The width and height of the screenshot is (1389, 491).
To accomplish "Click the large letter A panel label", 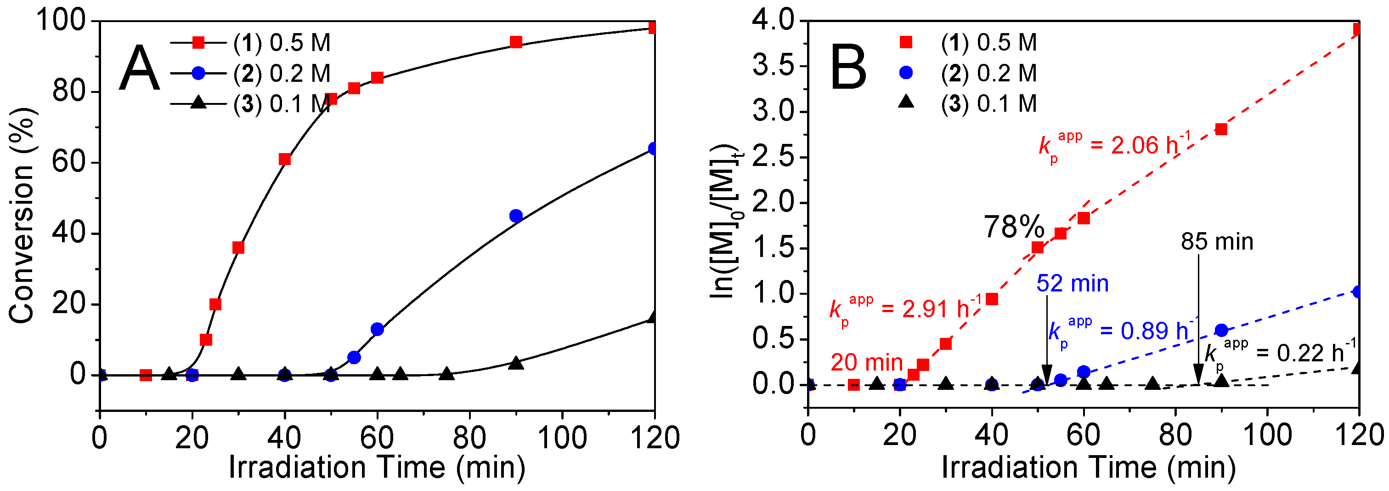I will (x=139, y=69).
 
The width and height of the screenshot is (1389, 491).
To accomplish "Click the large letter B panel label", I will (x=848, y=69).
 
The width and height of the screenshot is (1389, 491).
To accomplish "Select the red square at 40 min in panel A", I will (x=285, y=159).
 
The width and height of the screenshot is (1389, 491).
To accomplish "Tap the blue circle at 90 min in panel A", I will (x=515, y=216).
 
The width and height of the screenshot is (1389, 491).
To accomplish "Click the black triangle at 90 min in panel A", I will (x=515, y=363).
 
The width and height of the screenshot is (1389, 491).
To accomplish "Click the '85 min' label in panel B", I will (x=1216, y=242).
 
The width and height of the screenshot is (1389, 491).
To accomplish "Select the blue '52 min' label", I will (x=1072, y=284).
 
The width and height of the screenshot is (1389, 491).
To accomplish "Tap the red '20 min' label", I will (x=866, y=362).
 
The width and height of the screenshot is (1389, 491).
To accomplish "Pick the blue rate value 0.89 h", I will (x=1154, y=331).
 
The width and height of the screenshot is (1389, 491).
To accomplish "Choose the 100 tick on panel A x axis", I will (x=562, y=437).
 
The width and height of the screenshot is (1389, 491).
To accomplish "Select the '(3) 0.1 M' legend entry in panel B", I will (x=988, y=103).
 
